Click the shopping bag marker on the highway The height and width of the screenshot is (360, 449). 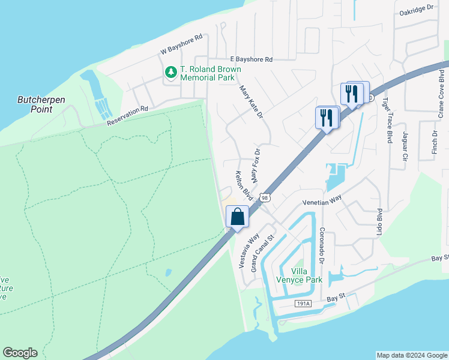pyautogui.click(x=238, y=217)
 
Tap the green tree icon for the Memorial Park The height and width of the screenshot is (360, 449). pyautogui.click(x=172, y=73)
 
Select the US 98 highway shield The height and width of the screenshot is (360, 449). pyautogui.click(x=265, y=197)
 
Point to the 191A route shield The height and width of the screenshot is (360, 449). pyautogui.click(x=304, y=304)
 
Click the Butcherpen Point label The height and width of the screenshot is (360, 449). pyautogui.click(x=43, y=104)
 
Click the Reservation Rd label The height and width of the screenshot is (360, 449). pyautogui.click(x=127, y=116)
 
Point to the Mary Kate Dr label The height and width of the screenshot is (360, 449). pyautogui.click(x=252, y=105)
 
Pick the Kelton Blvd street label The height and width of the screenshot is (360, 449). pyautogui.click(x=243, y=185)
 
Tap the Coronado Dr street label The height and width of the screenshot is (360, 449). pyautogui.click(x=322, y=245)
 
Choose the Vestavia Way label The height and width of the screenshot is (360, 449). pyautogui.click(x=243, y=250)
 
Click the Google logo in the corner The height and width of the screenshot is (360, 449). pyautogui.click(x=20, y=353)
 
